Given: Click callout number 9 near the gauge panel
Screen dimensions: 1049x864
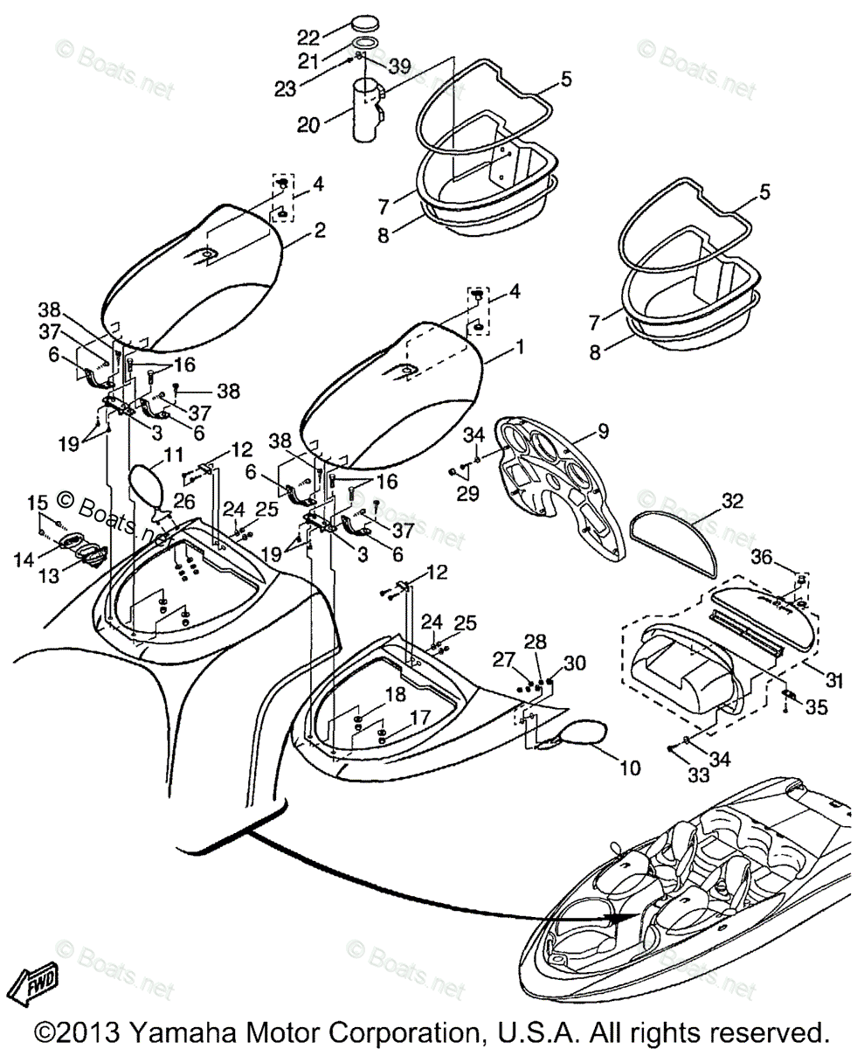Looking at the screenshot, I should (x=605, y=431).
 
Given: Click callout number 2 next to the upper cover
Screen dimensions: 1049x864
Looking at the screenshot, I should (x=321, y=230).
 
